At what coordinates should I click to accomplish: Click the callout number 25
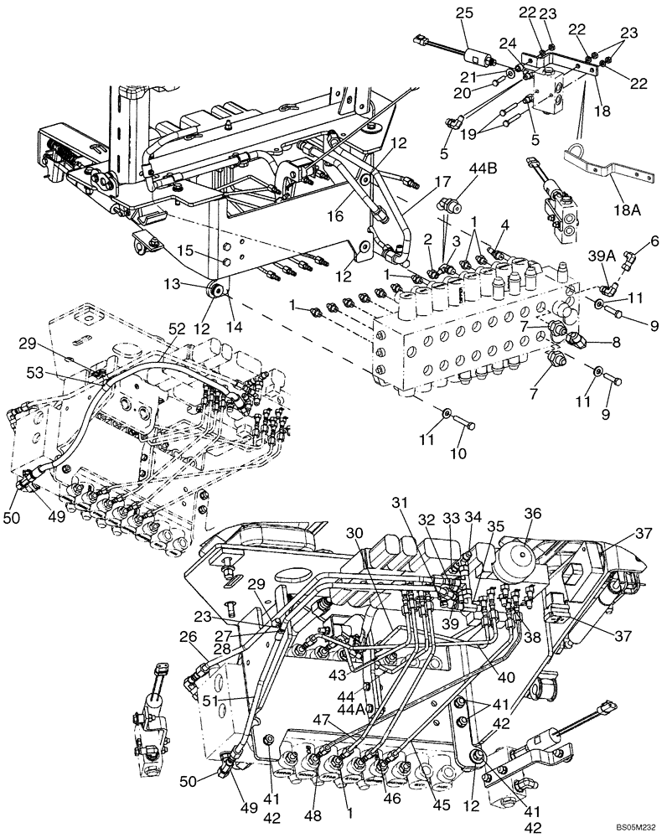[x=464, y=13]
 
